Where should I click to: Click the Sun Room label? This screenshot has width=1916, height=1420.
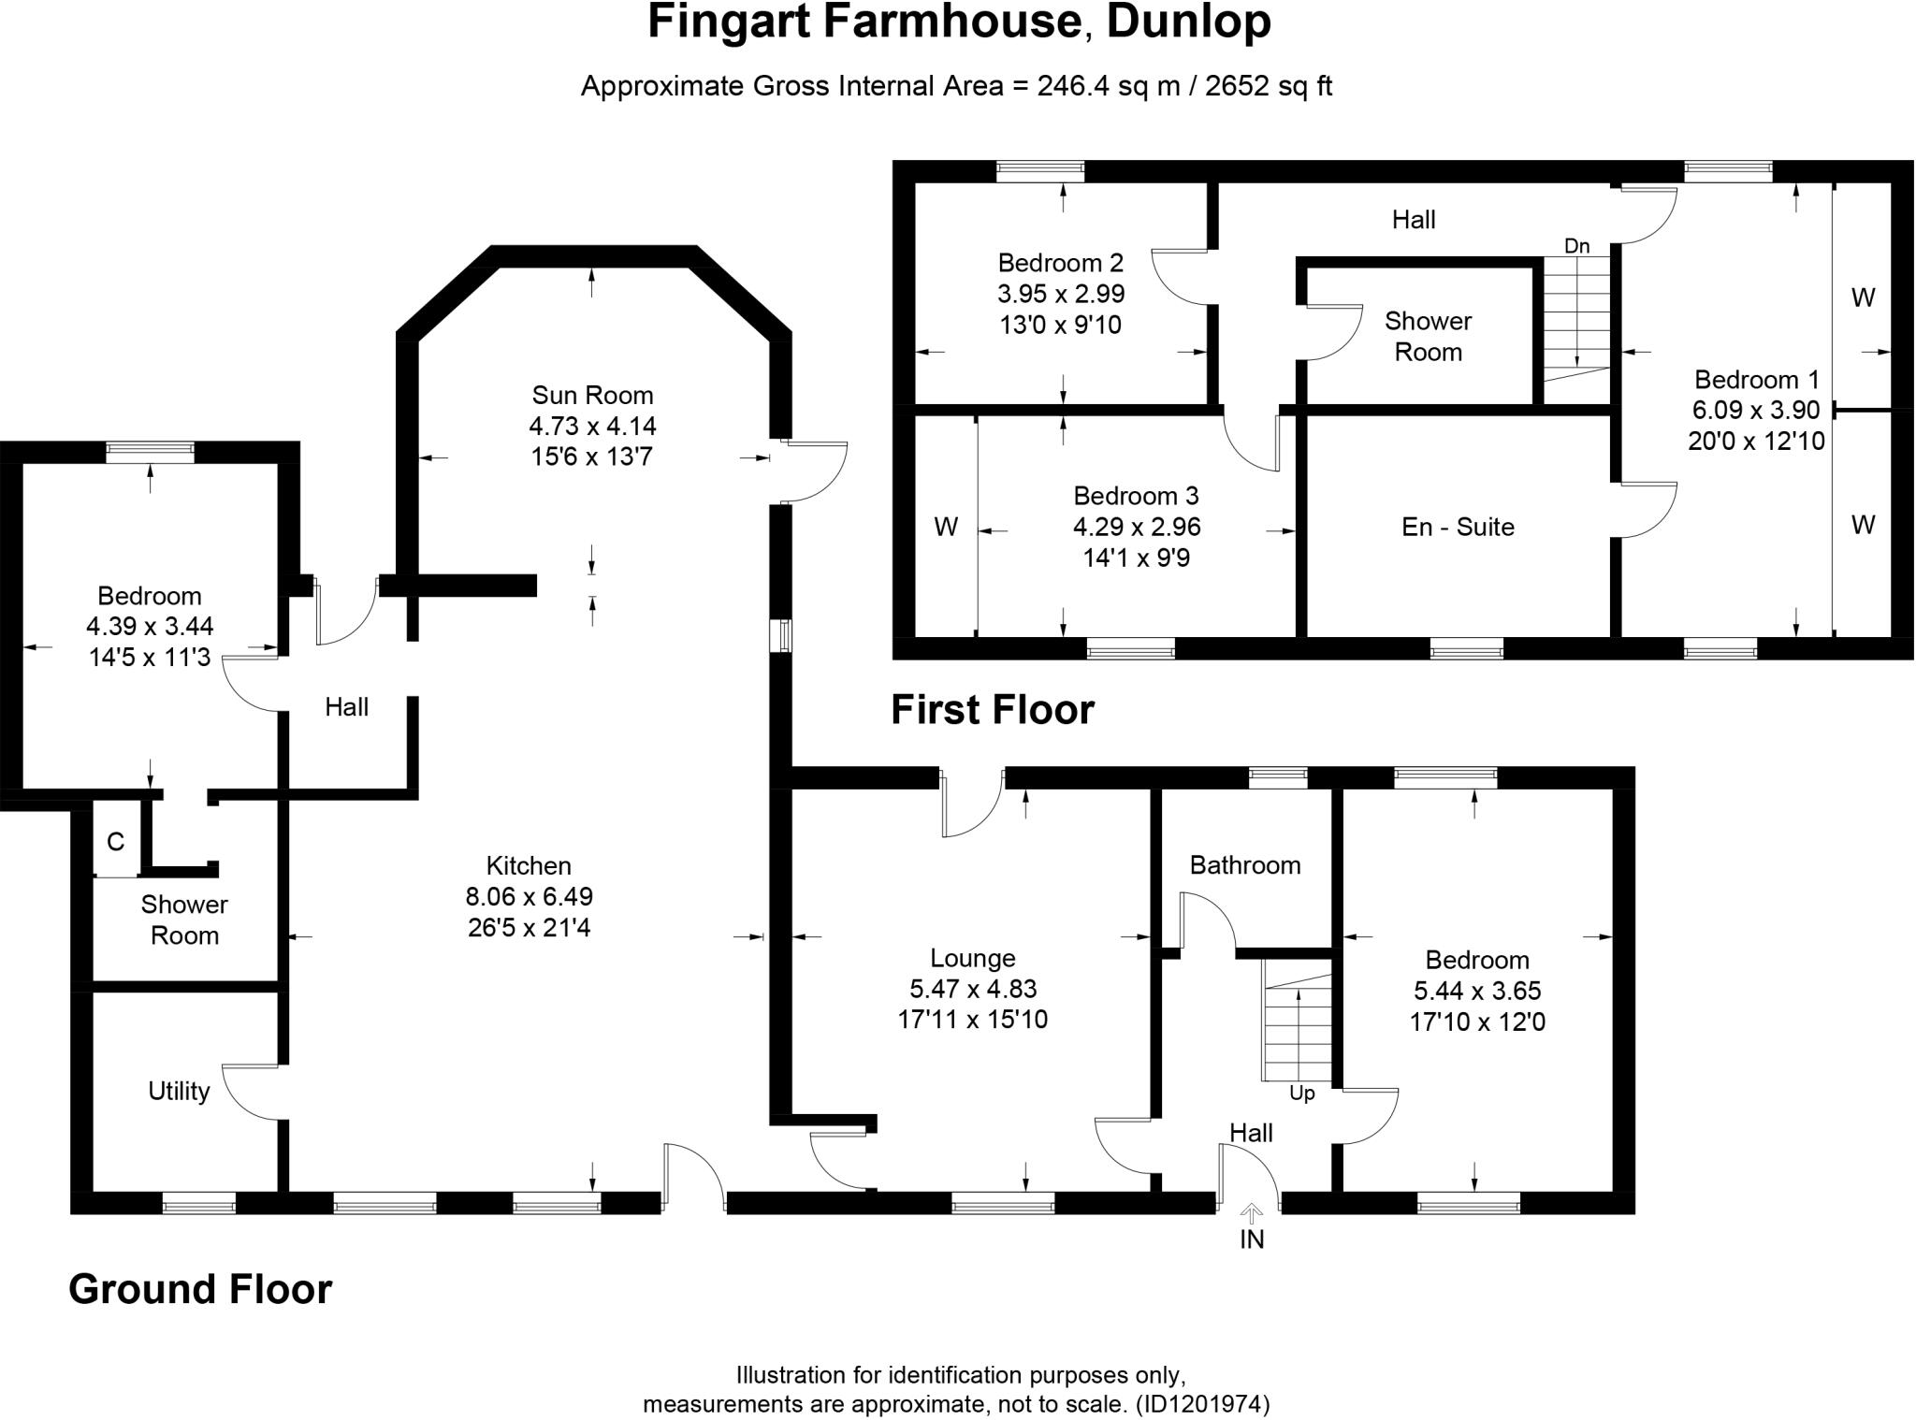coord(592,395)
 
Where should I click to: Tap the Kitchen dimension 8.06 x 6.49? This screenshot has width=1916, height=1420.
coord(529,896)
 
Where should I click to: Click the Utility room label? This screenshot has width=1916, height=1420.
coord(179,1091)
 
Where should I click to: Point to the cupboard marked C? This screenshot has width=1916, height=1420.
coord(115,842)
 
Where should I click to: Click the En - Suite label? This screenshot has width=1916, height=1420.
coord(1458,527)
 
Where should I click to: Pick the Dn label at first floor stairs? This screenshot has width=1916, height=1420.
coord(1576,246)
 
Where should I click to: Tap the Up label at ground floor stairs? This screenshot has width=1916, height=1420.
coord(1301,1094)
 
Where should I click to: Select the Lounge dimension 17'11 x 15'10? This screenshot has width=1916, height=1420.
coord(972,1020)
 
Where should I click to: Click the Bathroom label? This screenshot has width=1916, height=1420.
coord(1244,864)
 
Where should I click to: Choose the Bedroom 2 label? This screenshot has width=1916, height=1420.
coord(1060,263)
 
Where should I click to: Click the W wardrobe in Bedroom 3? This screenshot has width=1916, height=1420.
coord(945,528)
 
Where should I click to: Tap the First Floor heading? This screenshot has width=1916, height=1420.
coord(992,709)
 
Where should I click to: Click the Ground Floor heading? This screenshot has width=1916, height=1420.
coord(200,1289)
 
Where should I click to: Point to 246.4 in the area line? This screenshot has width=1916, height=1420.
coord(1071,86)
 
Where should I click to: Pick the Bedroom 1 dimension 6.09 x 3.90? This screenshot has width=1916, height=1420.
coord(1756,410)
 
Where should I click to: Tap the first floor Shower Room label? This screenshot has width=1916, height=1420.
coord(1428,337)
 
